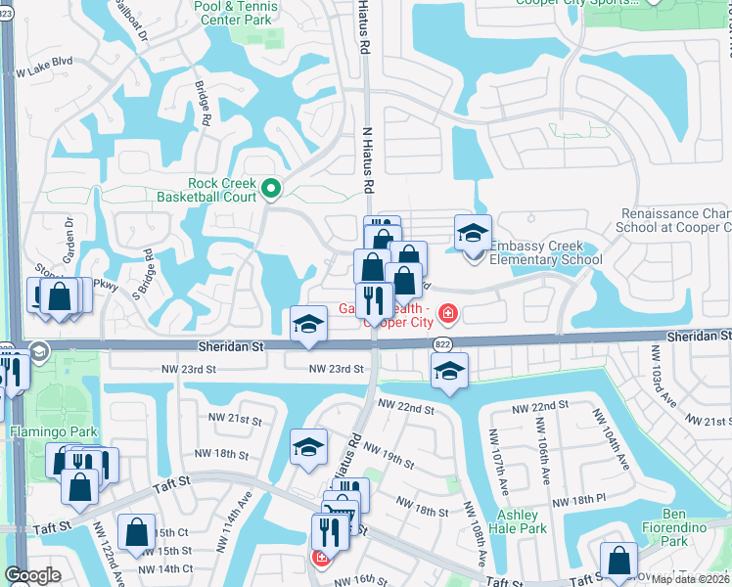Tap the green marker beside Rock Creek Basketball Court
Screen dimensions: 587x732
[x=271, y=190]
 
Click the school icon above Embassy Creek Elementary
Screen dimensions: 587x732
[x=473, y=234]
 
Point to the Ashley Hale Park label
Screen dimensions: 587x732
[x=522, y=521]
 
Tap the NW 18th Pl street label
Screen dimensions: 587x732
[x=579, y=501]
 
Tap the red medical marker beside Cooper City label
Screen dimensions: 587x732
[x=447, y=313]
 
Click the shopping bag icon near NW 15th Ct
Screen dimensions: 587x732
[x=136, y=533]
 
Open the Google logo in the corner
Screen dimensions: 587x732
[x=32, y=575]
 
